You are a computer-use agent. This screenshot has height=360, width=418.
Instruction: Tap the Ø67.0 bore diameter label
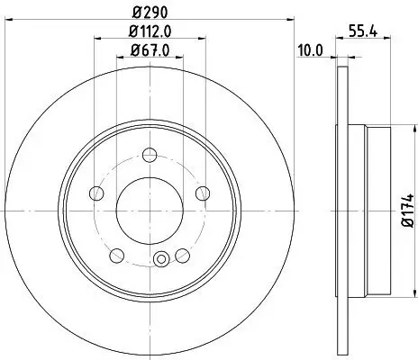click(150, 52)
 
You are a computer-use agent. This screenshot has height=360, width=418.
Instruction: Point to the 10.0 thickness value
click(310, 51)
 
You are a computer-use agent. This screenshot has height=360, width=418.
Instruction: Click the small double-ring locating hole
click(161, 262)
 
